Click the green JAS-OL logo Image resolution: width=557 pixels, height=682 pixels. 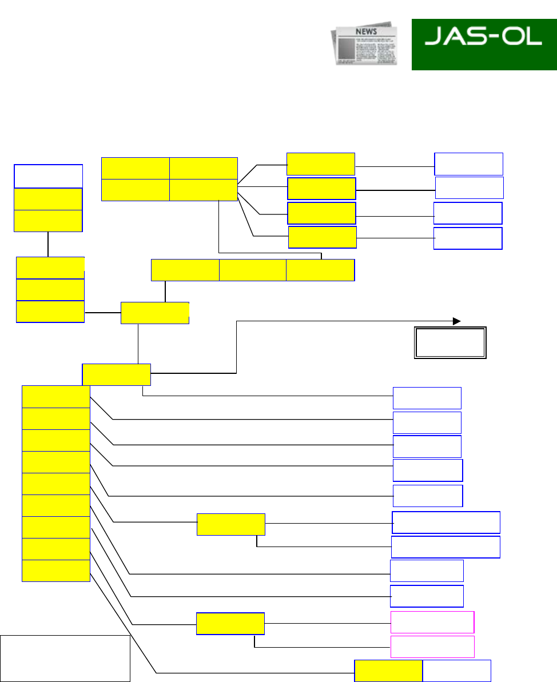coord(484,45)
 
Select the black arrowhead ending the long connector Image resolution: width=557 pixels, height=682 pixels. coord(456,321)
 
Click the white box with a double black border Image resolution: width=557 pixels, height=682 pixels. coord(450,342)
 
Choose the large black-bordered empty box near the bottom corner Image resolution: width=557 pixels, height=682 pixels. coord(65,658)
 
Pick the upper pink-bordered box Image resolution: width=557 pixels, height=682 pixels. coord(432,622)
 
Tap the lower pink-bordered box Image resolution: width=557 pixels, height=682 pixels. coord(432,647)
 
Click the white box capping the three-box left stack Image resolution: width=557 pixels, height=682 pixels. coord(48,176)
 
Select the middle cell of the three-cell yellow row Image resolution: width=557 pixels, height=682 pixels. coord(253,270)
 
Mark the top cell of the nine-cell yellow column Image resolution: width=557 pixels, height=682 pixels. coord(56,397)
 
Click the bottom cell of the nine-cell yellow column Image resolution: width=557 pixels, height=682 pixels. coord(56,571)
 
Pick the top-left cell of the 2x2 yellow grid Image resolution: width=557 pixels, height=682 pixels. coord(135,168)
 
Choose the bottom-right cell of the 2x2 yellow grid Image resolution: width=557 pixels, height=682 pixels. coord(204,190)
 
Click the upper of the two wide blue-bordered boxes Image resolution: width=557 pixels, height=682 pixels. coord(446,523)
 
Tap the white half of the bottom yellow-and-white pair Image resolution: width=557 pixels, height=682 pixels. coord(456,671)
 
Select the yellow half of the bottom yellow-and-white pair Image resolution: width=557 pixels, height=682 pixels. coord(388,671)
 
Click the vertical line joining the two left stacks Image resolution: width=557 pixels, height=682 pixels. coord(48,244)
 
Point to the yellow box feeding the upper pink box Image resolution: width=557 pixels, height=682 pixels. coord(230,624)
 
